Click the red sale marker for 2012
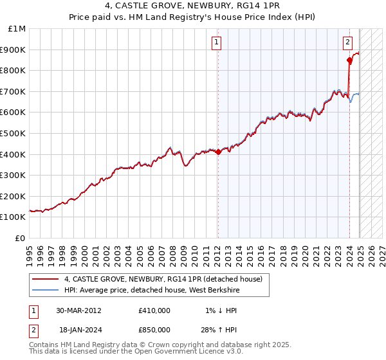click(218, 152)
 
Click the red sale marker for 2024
click(349, 60)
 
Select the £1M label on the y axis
click(17, 29)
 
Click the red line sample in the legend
click(46, 280)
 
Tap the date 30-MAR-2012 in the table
click(78, 310)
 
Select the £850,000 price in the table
click(154, 330)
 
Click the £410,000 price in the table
click(154, 310)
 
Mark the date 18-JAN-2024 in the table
click(78, 330)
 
